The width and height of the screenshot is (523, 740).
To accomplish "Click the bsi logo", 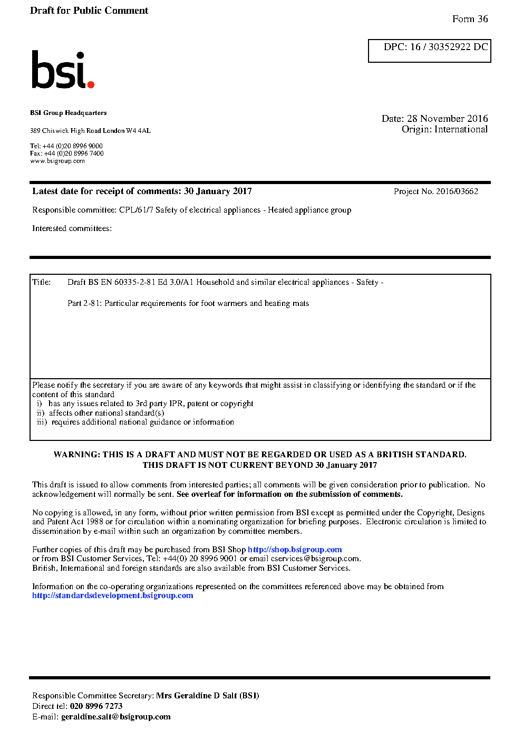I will [62, 70].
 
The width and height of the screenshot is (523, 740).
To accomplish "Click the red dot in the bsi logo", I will [91, 84].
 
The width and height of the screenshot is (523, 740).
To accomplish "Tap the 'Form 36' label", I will [470, 19].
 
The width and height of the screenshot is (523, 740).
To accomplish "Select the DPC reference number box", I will [429, 51].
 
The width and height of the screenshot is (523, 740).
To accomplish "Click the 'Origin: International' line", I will [444, 129].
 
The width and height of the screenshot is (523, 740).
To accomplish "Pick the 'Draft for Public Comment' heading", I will [89, 11].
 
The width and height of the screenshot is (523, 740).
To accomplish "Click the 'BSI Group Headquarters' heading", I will [68, 113].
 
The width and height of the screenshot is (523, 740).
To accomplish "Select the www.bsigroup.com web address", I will [57, 161].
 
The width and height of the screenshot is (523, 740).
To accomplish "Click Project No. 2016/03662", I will [435, 191].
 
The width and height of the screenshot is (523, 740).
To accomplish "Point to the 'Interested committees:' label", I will [72, 228].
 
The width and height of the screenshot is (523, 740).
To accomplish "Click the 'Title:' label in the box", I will [41, 282].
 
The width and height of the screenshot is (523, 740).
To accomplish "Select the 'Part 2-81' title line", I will [188, 303].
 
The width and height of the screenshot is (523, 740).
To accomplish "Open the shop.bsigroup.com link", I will [295, 550].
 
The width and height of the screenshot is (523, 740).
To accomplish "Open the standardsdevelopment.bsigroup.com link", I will [112, 595].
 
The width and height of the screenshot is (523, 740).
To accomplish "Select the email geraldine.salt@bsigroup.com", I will [115, 717].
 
